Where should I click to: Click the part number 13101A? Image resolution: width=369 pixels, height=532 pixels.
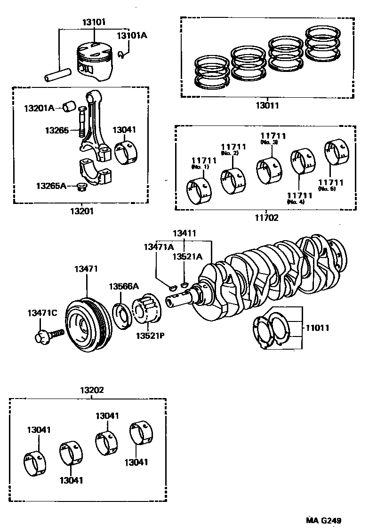point(132,36)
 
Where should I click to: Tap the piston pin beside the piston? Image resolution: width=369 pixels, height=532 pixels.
point(58,75)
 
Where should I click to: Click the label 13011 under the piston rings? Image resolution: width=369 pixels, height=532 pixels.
point(267,106)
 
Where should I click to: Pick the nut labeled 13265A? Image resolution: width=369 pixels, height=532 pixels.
point(81,187)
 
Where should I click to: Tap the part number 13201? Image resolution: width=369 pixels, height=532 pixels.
point(81,211)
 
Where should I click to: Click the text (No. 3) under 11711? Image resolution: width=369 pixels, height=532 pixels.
point(269,142)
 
